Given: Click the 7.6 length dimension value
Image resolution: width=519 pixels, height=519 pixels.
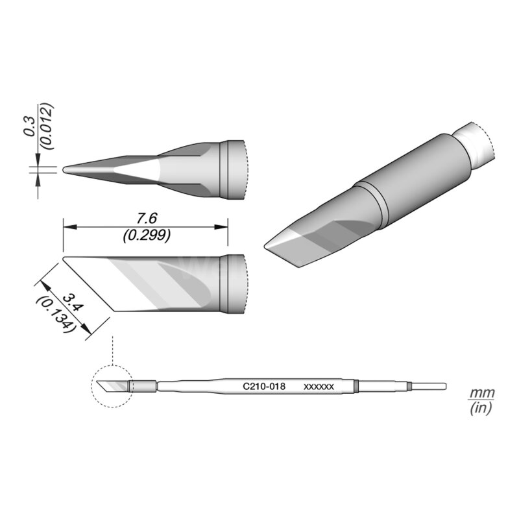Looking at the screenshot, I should point(147,216).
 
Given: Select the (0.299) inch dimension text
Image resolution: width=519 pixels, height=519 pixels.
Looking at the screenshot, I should point(147,236).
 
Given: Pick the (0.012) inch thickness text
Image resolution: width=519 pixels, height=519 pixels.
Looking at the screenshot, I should point(46,126).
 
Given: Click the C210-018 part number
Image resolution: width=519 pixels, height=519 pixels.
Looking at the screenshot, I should point(264,386).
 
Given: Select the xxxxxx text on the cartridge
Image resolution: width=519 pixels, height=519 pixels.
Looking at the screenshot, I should point(319,386).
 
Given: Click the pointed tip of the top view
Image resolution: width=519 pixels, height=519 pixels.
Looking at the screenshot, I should point(65,169).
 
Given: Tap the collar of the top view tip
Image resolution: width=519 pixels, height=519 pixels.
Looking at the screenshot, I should point(232,169).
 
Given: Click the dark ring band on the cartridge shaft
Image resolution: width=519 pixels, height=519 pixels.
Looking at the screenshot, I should point(357,387).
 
